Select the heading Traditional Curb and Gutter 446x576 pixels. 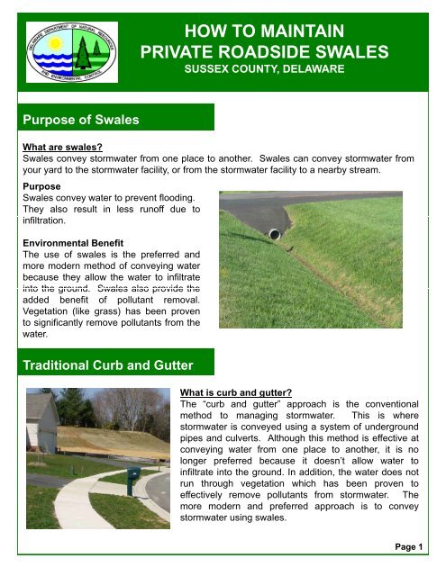[x=105, y=366]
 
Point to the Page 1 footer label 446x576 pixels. [x=414, y=547]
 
